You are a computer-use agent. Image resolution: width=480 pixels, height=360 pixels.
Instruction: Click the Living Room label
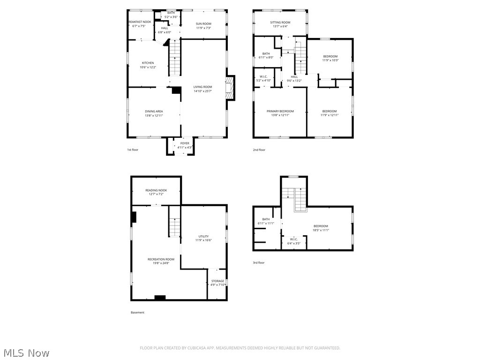click(202, 87)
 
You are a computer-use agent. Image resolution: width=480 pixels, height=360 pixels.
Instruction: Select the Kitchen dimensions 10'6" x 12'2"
click(148, 67)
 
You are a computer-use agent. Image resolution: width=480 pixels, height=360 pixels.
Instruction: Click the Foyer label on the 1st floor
click(185, 143)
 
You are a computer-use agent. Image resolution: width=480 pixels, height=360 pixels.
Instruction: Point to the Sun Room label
click(203, 23)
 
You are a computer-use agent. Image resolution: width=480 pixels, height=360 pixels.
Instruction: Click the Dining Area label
click(154, 111)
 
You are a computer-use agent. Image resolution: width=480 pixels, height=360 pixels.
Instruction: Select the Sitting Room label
click(280, 22)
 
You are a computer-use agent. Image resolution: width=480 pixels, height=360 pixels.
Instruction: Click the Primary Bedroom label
click(280, 111)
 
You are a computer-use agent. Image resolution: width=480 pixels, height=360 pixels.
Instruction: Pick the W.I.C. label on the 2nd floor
click(263, 76)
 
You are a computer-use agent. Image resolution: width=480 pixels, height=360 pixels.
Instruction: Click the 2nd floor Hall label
click(294, 77)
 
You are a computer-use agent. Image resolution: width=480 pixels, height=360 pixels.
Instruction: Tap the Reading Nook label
click(156, 190)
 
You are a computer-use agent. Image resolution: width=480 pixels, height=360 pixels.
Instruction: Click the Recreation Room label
click(161, 259)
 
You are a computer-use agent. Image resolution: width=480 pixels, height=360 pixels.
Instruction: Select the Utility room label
click(203, 236)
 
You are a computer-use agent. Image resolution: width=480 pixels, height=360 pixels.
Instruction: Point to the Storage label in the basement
click(217, 281)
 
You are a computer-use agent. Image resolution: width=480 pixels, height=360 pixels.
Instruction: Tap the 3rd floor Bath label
click(266, 219)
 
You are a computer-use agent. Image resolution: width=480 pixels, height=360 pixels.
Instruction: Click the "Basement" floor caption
click(137, 312)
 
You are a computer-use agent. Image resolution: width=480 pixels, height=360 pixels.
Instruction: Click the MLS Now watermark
click(26, 352)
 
